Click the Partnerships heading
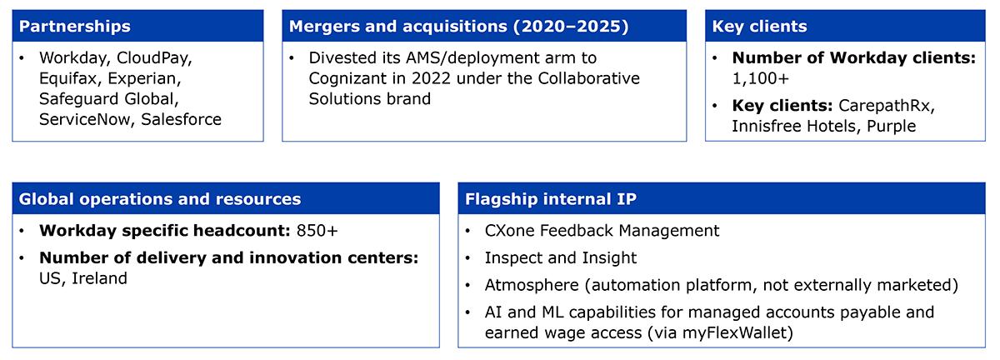click(74, 27)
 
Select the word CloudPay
click(154, 58)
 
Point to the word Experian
click(144, 78)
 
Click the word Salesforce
click(182, 119)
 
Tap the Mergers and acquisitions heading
click(459, 27)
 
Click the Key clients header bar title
click(759, 27)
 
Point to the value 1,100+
click(761, 78)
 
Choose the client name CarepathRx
click(887, 106)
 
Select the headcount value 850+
click(317, 231)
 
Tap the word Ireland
click(99, 278)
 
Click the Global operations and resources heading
click(160, 199)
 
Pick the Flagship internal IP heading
click(551, 199)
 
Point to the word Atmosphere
click(532, 285)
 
